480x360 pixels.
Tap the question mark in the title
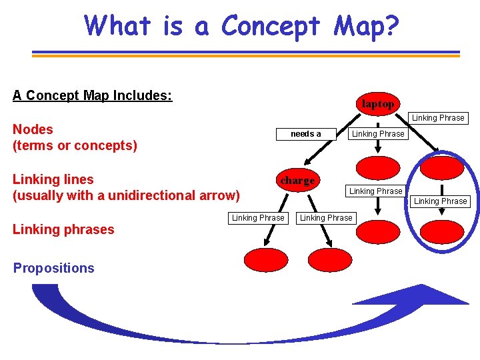pos(391,26)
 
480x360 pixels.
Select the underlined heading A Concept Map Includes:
pos(92,95)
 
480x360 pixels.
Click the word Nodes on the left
pos(33,129)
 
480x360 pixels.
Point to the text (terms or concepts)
pos(75,145)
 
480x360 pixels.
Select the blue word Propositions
pos(53,268)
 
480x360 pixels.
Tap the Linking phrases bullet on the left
pos(63,229)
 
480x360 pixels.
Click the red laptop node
pos(377,104)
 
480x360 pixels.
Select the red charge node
pos(297,181)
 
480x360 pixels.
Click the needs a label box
pos(305,134)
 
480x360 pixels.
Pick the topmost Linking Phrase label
pos(438,118)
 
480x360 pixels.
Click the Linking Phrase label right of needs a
pos(378,134)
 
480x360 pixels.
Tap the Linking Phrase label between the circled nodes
pos(441,201)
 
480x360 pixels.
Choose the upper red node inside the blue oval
pos(441,167)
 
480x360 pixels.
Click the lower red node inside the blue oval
pos(441,231)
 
